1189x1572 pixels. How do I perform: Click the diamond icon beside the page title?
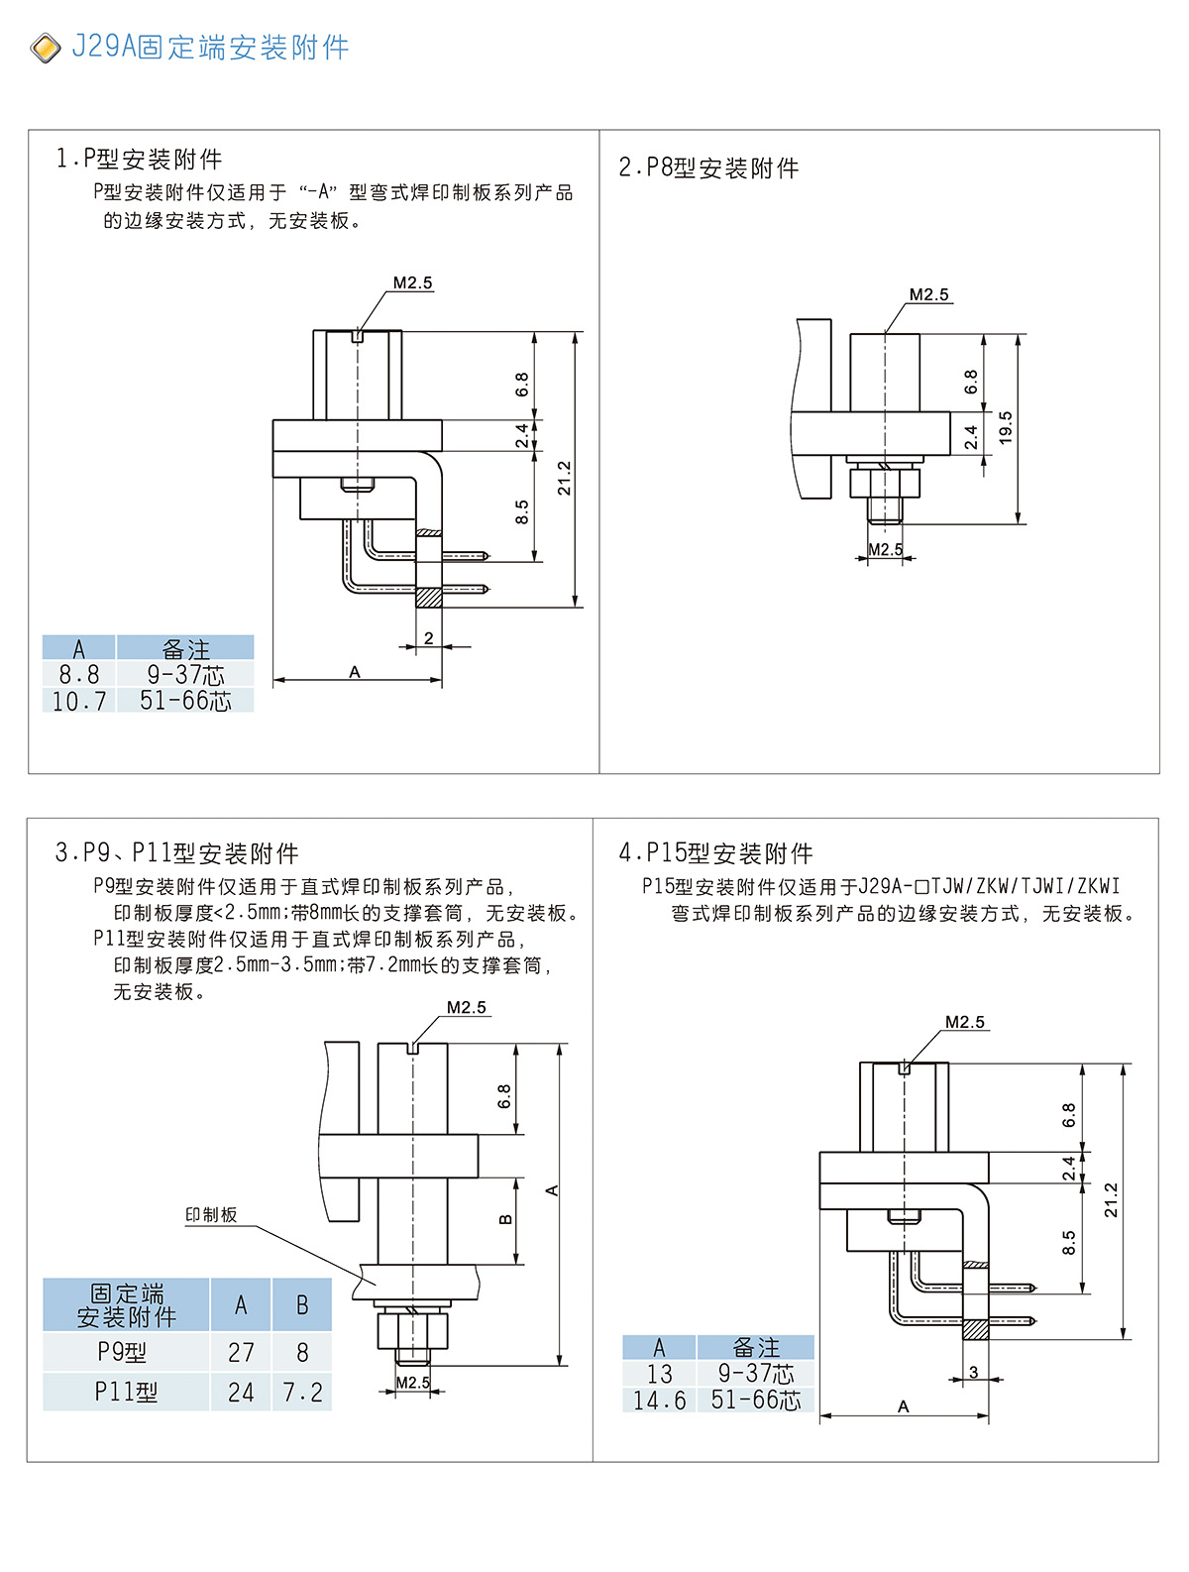[x=46, y=48]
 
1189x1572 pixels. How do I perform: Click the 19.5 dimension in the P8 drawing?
[x=1006, y=428]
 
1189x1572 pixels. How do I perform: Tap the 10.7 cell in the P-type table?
[x=78, y=701]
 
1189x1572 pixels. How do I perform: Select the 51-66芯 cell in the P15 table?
[x=755, y=1400]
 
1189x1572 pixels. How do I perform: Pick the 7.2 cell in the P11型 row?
[x=302, y=1393]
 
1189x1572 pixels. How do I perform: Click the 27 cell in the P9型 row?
[x=241, y=1353]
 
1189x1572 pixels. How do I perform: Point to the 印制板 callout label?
[x=211, y=1214]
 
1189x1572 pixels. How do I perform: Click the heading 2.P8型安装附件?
[x=708, y=168]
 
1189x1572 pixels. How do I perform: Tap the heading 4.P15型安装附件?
[x=715, y=853]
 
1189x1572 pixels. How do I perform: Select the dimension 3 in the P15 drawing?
[x=973, y=1372]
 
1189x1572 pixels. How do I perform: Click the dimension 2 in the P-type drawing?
[x=428, y=638]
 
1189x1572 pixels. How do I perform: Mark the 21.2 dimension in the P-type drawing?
[x=564, y=478]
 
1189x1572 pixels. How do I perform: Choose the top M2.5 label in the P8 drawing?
[x=928, y=294]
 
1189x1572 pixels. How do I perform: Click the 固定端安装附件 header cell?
[x=126, y=1305]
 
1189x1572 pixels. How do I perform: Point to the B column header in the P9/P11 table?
[x=302, y=1305]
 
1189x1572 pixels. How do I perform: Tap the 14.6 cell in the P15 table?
[x=659, y=1400]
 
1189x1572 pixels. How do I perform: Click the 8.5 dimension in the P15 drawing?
[x=1068, y=1243]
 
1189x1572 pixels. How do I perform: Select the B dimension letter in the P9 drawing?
[x=505, y=1219]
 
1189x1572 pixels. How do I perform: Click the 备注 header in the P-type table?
[x=185, y=649]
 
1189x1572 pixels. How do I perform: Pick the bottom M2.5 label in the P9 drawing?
[x=412, y=1383]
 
